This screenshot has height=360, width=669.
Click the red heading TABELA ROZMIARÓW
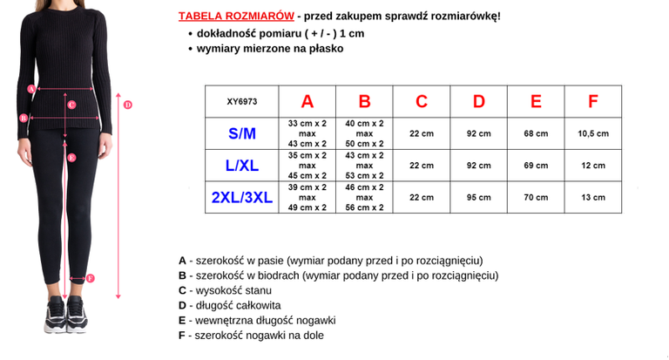pos(233,17)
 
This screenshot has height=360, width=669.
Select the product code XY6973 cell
pos(241,101)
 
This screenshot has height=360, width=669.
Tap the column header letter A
pos(307,101)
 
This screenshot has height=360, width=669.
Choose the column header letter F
pos(592,101)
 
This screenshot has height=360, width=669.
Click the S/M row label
pos(241,133)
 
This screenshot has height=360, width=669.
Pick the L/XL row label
pos(241,165)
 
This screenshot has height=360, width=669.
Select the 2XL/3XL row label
pos(241,197)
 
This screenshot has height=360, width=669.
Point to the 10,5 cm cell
pos(592,133)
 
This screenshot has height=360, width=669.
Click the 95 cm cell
pos(478,197)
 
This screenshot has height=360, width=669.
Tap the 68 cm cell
pos(536,133)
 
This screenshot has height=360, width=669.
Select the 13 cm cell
pos(592,197)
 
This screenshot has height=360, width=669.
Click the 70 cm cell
pos(536,197)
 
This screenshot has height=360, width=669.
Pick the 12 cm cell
pos(592,165)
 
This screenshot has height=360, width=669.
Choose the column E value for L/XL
pos(536,165)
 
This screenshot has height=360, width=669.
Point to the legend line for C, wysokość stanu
pos(226,290)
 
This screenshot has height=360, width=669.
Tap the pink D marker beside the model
pos(127,105)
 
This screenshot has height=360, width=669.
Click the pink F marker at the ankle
pos(91,279)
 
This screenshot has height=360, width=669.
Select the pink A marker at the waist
pos(31,88)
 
